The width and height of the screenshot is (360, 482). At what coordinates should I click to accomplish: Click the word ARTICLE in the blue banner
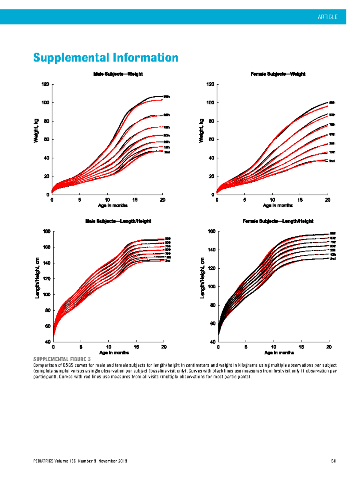click(327, 17)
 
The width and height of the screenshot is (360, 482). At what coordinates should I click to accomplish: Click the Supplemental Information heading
click(106, 57)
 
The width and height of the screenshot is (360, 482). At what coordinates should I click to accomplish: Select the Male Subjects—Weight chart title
click(118, 74)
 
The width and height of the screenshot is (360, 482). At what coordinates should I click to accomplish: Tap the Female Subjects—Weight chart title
click(278, 74)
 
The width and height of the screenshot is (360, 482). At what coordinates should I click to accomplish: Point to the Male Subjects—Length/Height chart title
click(118, 221)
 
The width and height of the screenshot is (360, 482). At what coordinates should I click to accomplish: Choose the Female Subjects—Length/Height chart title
click(278, 221)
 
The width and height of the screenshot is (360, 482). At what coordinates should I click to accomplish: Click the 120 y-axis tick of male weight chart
click(45, 84)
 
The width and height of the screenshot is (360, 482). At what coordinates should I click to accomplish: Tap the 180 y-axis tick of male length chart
click(47, 231)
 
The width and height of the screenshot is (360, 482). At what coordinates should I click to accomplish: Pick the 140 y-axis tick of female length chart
click(211, 250)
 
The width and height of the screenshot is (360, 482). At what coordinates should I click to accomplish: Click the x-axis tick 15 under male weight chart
click(135, 200)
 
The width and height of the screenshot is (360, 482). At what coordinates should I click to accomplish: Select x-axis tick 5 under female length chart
click(246, 347)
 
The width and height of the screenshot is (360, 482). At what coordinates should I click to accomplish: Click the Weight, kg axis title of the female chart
click(201, 131)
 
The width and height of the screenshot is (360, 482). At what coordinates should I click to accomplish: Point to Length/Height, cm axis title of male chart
click(37, 278)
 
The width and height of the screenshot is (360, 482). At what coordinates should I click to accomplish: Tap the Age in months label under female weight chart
click(277, 206)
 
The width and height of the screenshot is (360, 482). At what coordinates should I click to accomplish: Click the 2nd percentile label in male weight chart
click(167, 152)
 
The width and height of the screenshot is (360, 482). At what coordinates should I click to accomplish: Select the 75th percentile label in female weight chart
click(332, 125)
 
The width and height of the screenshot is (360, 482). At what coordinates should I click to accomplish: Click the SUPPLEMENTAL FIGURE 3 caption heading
click(62, 359)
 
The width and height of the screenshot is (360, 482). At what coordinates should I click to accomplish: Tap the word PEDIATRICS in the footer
click(43, 461)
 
